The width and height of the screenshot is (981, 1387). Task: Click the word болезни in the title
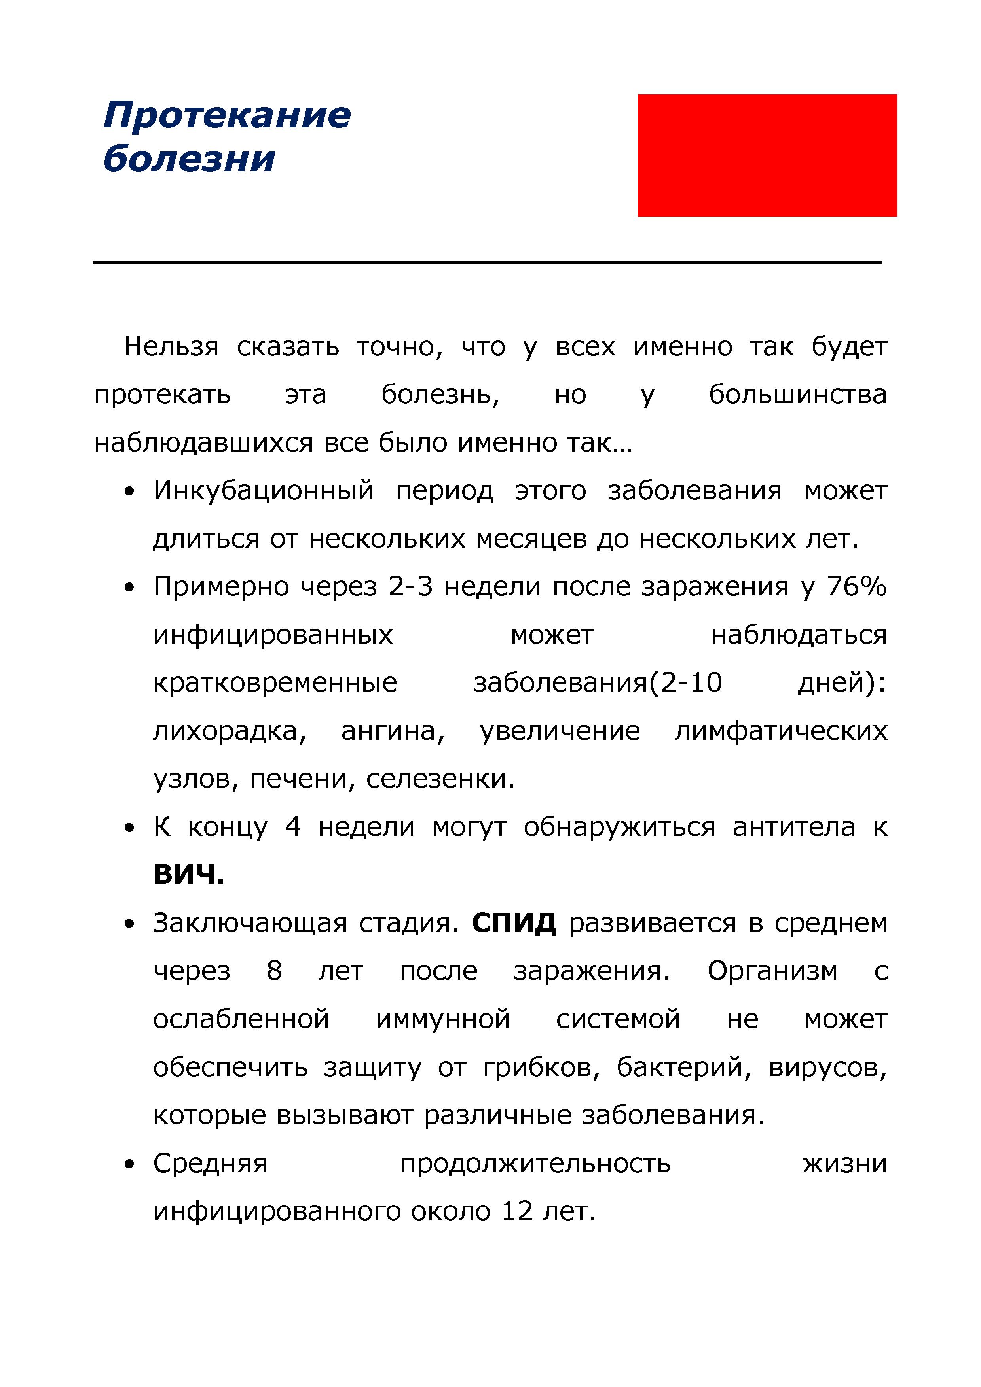tap(189, 159)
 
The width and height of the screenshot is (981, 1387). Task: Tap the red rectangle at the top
tap(767, 155)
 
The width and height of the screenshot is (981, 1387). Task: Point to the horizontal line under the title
tap(487, 262)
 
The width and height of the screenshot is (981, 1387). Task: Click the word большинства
tap(797, 395)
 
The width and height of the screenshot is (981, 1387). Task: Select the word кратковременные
tap(275, 682)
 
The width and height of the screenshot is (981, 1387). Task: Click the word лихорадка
tap(230, 731)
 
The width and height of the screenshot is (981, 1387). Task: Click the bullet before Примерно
tap(128, 587)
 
